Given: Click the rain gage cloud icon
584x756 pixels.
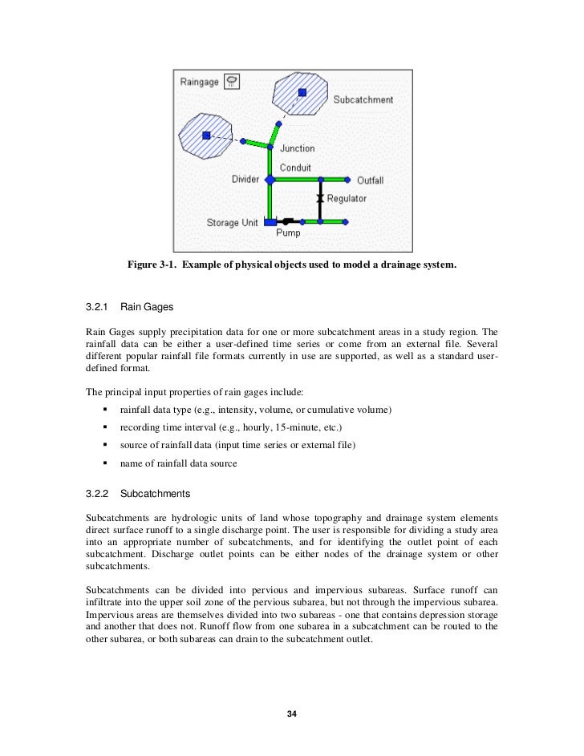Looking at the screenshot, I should [x=232, y=80].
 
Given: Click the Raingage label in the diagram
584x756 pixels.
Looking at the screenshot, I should [x=200, y=82].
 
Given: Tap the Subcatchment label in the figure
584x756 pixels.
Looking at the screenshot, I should [x=363, y=100].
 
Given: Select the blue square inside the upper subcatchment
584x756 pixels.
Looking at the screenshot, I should [x=302, y=92].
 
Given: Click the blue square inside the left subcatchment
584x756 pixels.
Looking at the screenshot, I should [x=206, y=135].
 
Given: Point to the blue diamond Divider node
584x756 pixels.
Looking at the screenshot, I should [x=270, y=180].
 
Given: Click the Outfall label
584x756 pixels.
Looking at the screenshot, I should [x=371, y=180].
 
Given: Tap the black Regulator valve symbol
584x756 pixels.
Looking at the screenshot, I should [x=319, y=198].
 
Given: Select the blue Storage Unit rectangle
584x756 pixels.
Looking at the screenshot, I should [x=270, y=221].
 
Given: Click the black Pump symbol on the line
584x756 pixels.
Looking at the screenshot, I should [x=286, y=220].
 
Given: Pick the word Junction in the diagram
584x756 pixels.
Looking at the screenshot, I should [x=297, y=148].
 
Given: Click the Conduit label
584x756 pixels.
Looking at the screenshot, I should [x=295, y=168].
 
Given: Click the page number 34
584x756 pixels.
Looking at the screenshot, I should [x=292, y=714].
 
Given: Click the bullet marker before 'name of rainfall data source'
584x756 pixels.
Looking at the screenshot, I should [x=104, y=463].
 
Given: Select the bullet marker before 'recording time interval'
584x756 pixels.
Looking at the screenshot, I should [x=104, y=427].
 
